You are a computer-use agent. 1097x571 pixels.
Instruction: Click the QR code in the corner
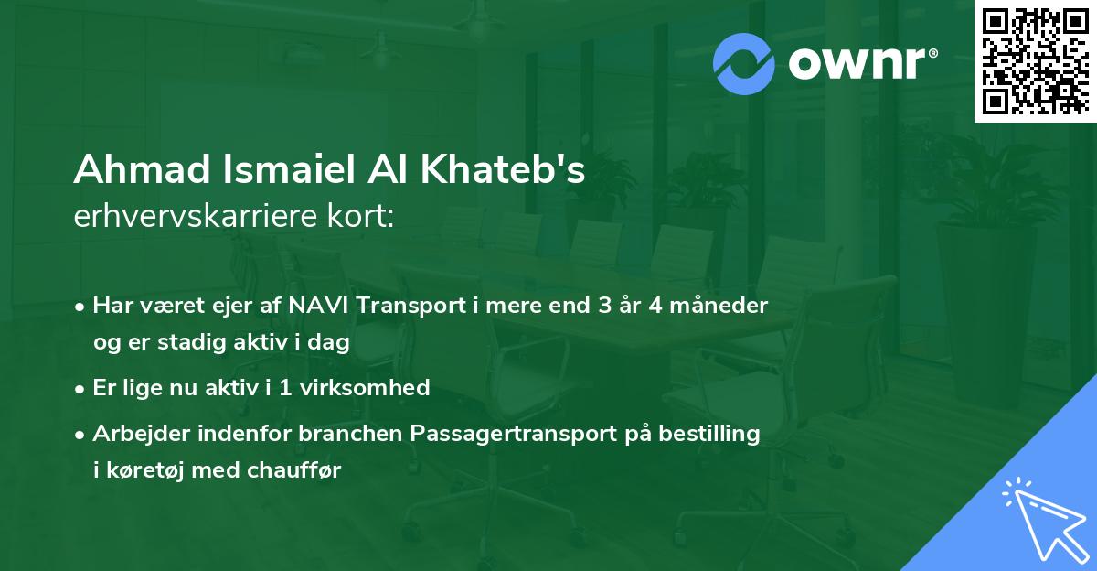pyautogui.click(x=1035, y=61)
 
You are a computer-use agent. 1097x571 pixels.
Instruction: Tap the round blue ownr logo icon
pyautogui.click(x=744, y=63)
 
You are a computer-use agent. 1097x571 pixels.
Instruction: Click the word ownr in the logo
pyautogui.click(x=854, y=64)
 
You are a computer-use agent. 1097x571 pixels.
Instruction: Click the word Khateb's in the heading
pyautogui.click(x=504, y=170)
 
